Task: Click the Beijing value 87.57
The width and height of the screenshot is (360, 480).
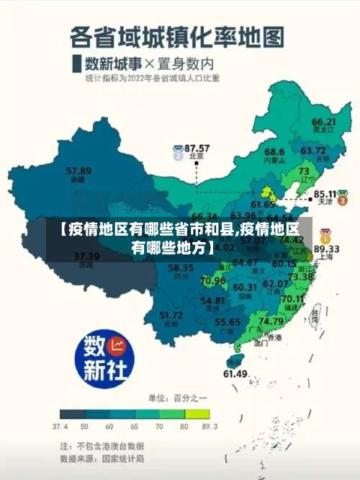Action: pos(197,147)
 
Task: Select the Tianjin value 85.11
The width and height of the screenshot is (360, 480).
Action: pos(326,194)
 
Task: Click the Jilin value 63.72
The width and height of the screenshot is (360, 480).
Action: pos(313,151)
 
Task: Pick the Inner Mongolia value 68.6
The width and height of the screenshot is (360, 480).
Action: pos(274,152)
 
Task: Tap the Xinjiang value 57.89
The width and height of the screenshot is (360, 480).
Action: pos(78,171)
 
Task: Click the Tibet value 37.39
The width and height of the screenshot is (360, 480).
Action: pos(86,256)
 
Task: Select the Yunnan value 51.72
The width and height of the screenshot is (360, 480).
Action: pos(171,315)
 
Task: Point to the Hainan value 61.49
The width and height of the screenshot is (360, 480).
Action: pos(235,373)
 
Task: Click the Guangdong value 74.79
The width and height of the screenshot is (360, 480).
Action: pos(271,321)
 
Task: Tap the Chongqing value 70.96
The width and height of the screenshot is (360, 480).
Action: pos(213,280)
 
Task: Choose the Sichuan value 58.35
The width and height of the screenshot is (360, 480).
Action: pos(181,268)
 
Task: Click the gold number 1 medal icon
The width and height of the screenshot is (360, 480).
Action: pos(325,235)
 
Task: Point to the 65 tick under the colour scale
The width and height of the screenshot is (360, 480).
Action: pos(135,427)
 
